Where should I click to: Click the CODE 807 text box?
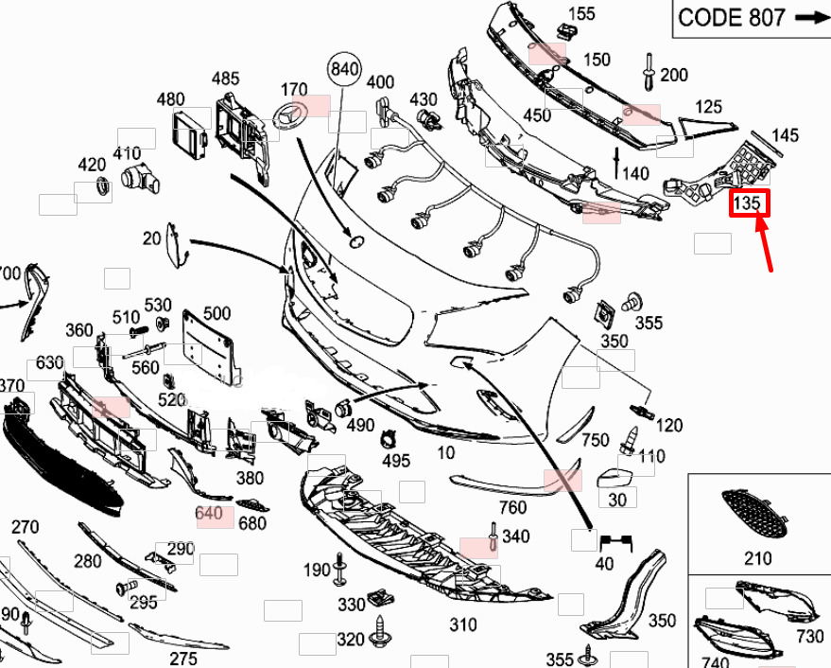[750, 18]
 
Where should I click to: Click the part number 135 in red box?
[749, 202]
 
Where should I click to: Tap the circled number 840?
[345, 68]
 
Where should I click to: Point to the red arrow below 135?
[767, 244]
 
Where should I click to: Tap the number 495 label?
[396, 461]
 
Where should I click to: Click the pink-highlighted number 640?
[208, 514]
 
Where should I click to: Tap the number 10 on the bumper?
[445, 453]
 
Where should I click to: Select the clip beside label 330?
[382, 597]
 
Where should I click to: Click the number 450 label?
[536, 115]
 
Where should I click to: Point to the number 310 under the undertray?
[462, 624]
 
